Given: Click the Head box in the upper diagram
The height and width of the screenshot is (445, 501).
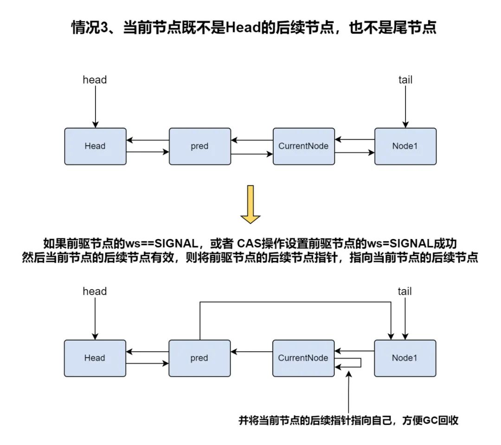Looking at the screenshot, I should [95, 146].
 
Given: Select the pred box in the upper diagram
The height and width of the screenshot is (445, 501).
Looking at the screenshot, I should [199, 146].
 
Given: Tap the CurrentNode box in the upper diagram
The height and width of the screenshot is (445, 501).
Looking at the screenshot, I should [303, 146].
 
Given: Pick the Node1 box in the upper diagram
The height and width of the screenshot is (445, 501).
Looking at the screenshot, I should [405, 146].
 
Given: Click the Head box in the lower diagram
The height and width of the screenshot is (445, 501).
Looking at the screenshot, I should [95, 358].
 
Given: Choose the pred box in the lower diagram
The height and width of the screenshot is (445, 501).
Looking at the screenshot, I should [199, 358].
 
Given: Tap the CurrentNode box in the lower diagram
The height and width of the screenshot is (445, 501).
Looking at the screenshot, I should [303, 358].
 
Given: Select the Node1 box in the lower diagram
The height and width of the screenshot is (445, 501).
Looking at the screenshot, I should [405, 358].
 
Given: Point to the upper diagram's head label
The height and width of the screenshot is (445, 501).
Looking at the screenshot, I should [95, 80].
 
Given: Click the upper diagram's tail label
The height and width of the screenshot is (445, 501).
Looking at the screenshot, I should [405, 80].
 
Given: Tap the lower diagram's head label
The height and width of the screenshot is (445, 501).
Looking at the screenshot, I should [95, 291].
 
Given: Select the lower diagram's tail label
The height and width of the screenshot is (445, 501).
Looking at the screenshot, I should [405, 291].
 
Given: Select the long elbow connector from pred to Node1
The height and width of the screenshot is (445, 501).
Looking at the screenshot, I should [297, 302].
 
